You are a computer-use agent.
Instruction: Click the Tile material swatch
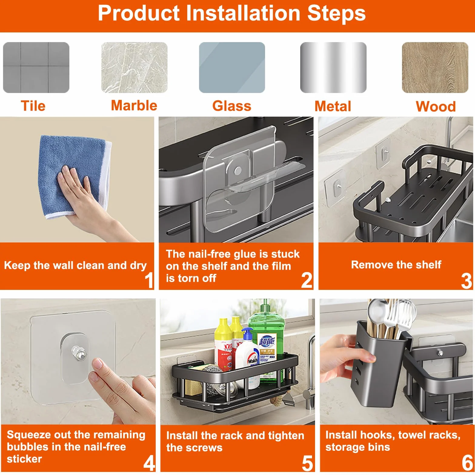pos(36,68)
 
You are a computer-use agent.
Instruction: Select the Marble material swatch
pos(134,68)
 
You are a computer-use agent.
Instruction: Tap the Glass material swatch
pos(232,68)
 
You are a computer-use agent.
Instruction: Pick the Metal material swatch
pos(333,68)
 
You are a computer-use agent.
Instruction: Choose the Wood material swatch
pos(435,68)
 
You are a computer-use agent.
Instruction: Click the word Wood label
pos(436,107)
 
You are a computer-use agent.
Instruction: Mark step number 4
pos(149,463)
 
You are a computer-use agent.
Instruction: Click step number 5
pos(307,463)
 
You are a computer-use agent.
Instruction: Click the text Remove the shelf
pos(396,265)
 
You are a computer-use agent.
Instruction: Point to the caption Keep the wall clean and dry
pos(75,265)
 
